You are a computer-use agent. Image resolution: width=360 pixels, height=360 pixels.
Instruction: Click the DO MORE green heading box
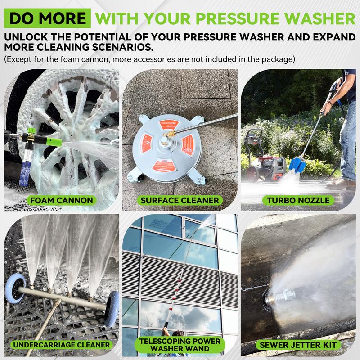pos(47,18)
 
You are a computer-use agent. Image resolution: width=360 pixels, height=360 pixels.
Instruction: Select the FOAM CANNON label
pos(62,200)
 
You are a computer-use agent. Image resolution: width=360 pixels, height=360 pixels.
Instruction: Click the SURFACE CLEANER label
pos(180,200)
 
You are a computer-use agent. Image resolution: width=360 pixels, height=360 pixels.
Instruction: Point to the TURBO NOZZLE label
pos(298,200)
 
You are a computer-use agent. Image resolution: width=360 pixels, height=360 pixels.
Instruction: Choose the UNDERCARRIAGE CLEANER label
pos(62,345)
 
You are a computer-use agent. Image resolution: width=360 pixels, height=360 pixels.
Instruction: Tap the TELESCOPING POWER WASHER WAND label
pos(180,345)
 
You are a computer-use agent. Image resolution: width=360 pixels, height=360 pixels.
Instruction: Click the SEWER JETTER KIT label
pos(298,345)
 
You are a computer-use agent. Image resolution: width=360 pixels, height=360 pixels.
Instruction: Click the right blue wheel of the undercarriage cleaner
pos(112,309)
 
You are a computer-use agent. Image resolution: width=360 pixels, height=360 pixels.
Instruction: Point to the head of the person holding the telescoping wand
pos(178,333)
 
